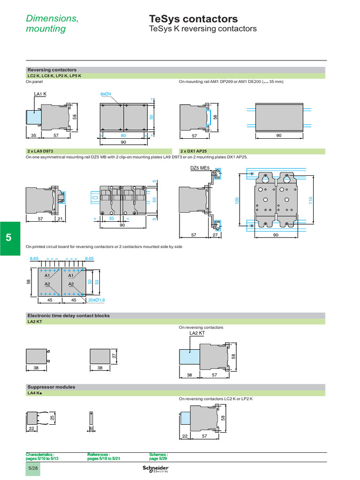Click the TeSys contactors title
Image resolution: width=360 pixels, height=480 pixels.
click(x=193, y=19)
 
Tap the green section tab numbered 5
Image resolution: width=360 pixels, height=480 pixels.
click(x=8, y=238)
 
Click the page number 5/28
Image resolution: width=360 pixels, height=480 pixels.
click(x=33, y=470)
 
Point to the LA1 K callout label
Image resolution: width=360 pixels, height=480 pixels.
click(x=40, y=94)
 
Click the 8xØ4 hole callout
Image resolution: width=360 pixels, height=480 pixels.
click(x=105, y=94)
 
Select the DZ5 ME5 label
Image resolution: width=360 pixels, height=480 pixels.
click(x=199, y=168)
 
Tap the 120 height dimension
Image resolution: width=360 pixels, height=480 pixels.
click(x=237, y=200)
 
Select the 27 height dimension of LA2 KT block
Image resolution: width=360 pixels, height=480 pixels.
click(x=114, y=356)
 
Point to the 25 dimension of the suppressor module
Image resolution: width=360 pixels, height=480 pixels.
click(x=52, y=416)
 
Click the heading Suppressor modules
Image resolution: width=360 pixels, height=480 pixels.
click(x=52, y=387)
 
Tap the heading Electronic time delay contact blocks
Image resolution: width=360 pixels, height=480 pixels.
click(x=69, y=315)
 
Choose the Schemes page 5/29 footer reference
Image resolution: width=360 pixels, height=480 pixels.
click(x=158, y=456)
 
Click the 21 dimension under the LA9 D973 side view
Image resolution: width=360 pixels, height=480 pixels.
click(x=60, y=219)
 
